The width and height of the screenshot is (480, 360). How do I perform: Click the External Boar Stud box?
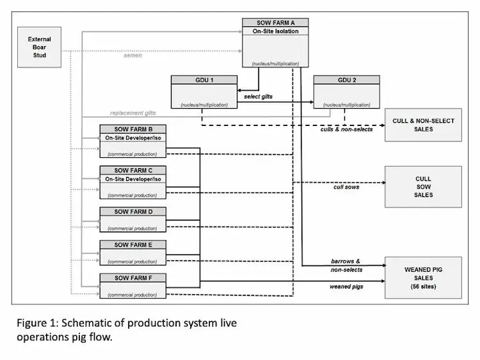coord(40,47)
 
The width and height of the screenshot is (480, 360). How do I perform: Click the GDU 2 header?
coord(346,80)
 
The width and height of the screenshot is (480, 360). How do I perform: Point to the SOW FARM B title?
coord(132,129)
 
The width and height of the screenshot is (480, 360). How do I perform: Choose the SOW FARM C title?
coord(132,170)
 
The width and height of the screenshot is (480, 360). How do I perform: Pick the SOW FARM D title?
coord(132,211)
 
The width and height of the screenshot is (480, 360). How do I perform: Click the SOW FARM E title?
coord(132,244)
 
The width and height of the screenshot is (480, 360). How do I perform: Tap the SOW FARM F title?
coord(132,278)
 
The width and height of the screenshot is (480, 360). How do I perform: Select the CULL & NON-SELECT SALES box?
coord(422,125)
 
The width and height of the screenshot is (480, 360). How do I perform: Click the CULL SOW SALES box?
coord(422,187)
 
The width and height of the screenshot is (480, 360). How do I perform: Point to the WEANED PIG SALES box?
coord(422,278)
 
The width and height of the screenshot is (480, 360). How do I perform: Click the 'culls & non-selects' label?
coord(346,129)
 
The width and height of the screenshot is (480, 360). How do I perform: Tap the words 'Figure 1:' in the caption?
coord(37,324)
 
